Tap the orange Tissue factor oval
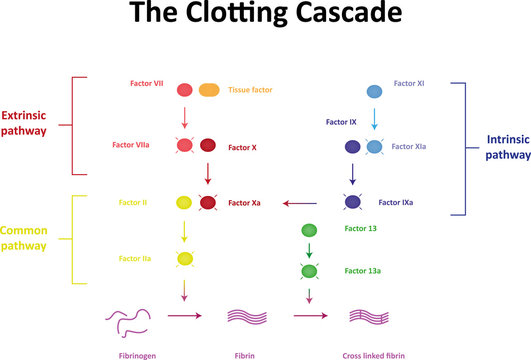click(x=210, y=90)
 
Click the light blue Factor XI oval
click(x=373, y=91)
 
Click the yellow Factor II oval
click(x=185, y=203)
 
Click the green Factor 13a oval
click(x=310, y=271)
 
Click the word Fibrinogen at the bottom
click(x=132, y=354)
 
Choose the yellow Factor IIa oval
click(x=185, y=259)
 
